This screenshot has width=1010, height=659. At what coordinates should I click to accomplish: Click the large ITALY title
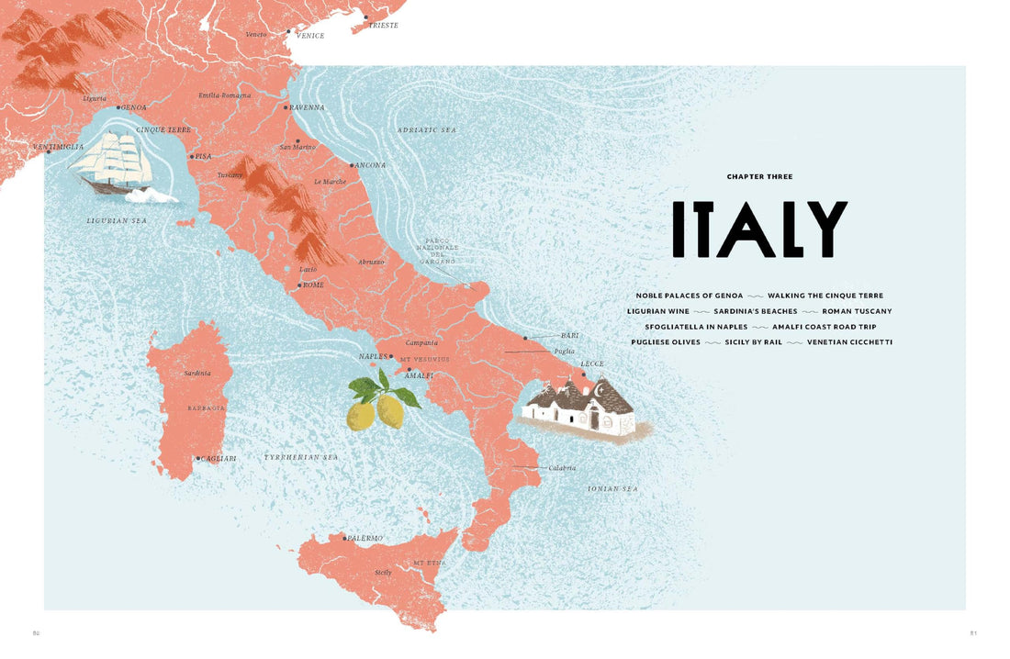[x=759, y=229]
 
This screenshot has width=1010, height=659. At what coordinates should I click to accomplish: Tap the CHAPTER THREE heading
[x=759, y=176]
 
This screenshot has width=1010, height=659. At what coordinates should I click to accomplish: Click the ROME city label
[x=313, y=285]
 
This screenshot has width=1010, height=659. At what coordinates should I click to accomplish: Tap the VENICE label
[x=310, y=36]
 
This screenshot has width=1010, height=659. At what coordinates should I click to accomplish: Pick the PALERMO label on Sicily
[x=365, y=538]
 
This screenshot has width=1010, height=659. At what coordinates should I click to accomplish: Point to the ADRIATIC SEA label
[x=426, y=130]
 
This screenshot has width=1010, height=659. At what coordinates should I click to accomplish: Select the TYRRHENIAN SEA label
[x=301, y=457]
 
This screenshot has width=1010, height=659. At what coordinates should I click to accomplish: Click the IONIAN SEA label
[x=612, y=489]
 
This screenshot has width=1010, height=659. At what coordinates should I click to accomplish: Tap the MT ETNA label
[x=430, y=562]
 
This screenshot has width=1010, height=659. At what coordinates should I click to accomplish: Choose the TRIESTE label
[x=384, y=26]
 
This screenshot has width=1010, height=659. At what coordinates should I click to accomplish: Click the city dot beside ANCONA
[x=352, y=166]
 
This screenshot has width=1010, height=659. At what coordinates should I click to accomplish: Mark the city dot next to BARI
[x=525, y=338]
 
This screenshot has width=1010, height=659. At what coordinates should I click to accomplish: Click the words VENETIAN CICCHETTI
[x=849, y=342]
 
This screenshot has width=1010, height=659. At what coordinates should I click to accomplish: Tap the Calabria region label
[x=562, y=468]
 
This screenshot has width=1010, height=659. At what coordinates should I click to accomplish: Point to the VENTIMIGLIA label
[x=58, y=147]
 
